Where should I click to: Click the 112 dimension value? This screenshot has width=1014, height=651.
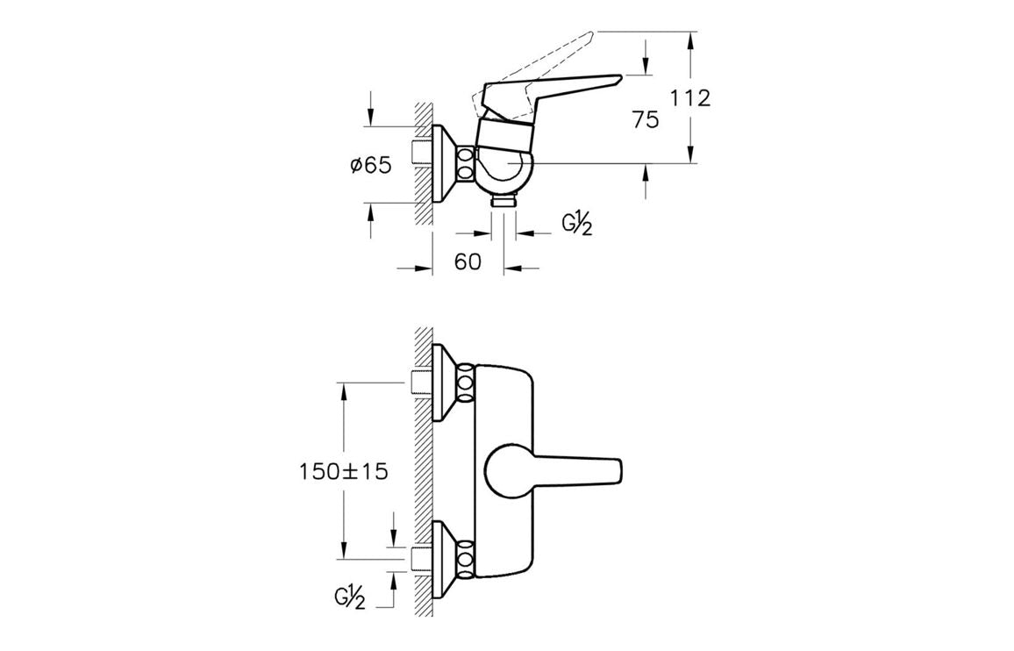[690, 98]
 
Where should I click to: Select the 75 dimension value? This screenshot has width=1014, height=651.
[645, 120]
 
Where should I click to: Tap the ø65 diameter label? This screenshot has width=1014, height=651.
[370, 164]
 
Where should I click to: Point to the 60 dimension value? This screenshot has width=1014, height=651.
[468, 261]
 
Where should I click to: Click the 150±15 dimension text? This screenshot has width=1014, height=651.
[343, 471]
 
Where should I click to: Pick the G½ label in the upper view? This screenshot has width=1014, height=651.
[577, 225]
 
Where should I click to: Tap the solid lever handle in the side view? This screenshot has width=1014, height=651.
[561, 88]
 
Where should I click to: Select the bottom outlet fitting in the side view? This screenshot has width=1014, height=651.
[503, 202]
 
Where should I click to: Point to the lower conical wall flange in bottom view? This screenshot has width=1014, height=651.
[446, 558]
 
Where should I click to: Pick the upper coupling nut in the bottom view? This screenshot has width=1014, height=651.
[466, 381]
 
